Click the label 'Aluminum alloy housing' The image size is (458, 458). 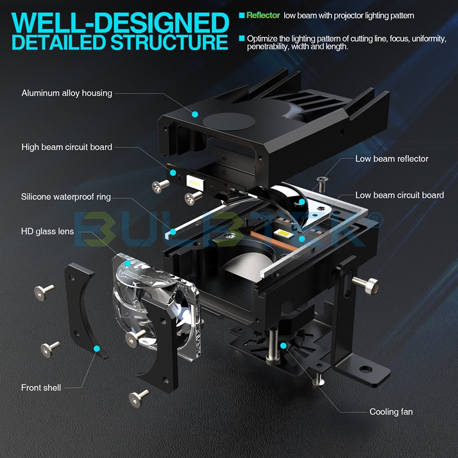tap(67, 93)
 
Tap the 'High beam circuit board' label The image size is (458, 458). tap(67, 147)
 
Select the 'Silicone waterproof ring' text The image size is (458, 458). tap(66, 197)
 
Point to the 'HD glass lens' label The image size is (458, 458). tap(48, 231)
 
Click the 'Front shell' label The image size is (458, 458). tap(42, 387)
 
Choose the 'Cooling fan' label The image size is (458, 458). tap(391, 412)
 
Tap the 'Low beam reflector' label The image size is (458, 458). tap(391, 159)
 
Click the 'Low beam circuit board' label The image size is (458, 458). tap(399, 195)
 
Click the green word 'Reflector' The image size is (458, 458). tap(263, 15)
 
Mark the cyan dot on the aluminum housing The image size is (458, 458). tap(195, 114)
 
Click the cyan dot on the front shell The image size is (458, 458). tap(96, 348)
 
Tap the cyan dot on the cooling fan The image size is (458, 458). tap(283, 346)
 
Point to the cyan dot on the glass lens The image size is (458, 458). tap(127, 263)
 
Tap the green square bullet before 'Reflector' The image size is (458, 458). tap(242, 15)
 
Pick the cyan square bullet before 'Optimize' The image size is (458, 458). tap(242, 38)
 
